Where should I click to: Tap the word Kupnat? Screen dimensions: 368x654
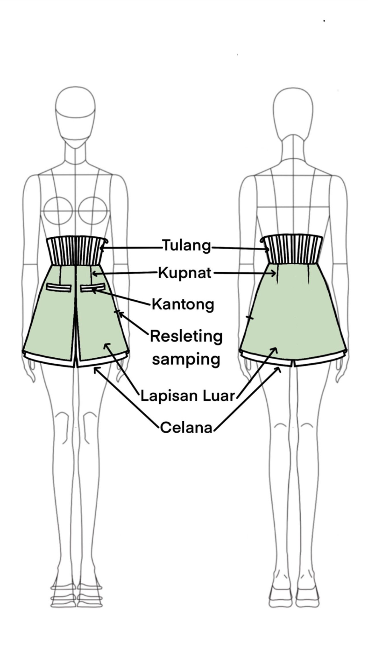click(185, 273)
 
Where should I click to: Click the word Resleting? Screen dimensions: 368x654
click(186, 336)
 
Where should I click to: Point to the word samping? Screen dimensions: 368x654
click(186, 359)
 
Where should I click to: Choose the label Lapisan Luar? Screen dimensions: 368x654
click(188, 396)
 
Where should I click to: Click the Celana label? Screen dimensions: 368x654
click(186, 428)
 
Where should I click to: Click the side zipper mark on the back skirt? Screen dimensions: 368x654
click(250, 318)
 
